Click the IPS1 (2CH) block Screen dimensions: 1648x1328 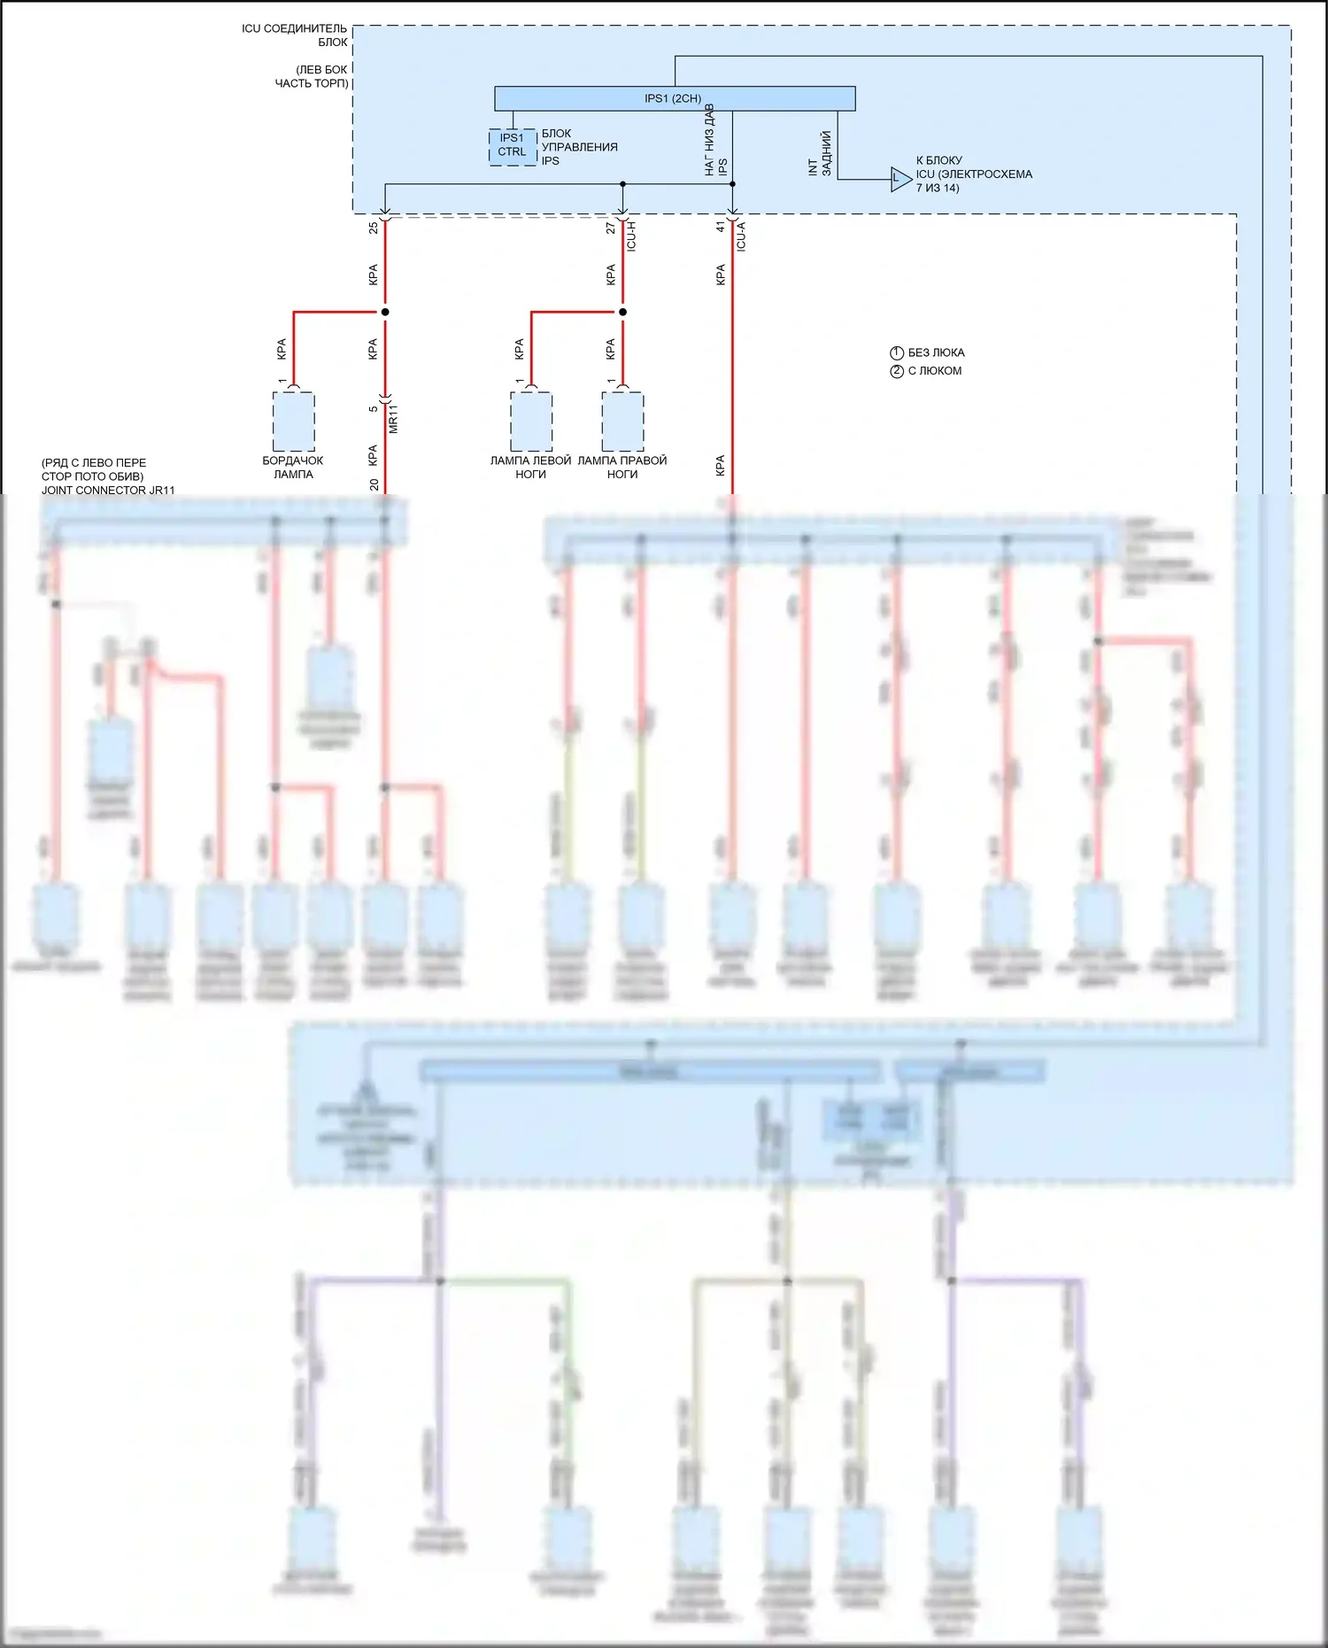(x=674, y=98)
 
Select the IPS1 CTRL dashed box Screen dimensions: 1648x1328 (x=513, y=146)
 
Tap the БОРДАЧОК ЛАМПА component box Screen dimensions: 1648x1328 (x=293, y=422)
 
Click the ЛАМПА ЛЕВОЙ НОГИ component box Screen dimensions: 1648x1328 (x=531, y=422)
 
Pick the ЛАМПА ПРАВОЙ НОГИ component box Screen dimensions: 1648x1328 (x=622, y=422)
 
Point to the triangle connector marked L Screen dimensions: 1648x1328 (x=899, y=180)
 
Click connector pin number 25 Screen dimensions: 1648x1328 (x=374, y=228)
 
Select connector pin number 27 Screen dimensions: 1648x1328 (x=611, y=228)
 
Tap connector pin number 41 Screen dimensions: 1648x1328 (x=721, y=228)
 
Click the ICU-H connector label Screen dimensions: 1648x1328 (x=632, y=236)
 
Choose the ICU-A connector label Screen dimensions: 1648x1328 (x=742, y=236)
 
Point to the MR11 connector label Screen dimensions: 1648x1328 (x=394, y=418)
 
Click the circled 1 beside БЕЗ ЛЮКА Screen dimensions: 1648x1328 (x=896, y=352)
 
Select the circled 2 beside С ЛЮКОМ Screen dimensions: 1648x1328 (x=896, y=371)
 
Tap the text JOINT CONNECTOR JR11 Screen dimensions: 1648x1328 (x=108, y=490)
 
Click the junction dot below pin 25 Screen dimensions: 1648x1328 (x=385, y=312)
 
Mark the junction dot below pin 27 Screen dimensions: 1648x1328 (x=622, y=312)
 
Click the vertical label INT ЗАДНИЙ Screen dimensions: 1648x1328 (x=820, y=154)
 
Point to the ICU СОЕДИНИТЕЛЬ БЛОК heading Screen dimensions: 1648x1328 (x=296, y=35)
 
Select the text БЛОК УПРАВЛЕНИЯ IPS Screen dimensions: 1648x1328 (x=579, y=147)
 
